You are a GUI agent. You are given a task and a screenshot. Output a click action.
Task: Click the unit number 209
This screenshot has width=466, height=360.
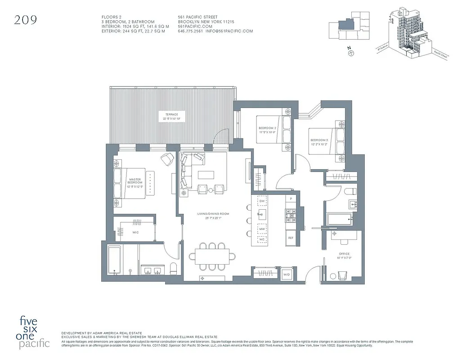[x=25, y=19]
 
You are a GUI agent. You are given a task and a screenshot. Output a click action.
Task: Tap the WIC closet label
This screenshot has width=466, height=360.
[x=135, y=233]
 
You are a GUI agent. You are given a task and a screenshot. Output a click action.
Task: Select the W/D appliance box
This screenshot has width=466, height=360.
[x=286, y=274]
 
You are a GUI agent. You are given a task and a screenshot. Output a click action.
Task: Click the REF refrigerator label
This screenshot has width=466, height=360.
[x=291, y=238]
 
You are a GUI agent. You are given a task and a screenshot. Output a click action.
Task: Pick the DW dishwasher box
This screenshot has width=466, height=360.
[x=262, y=201]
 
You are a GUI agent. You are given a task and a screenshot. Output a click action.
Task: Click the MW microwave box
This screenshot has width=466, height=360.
[x=262, y=229]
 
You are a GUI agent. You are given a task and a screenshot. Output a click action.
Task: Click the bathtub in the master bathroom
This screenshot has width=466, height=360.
[x=115, y=261]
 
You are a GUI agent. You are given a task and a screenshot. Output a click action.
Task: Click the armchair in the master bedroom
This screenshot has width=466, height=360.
[x=167, y=158]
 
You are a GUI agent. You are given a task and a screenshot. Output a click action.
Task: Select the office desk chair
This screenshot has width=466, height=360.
[x=342, y=274]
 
